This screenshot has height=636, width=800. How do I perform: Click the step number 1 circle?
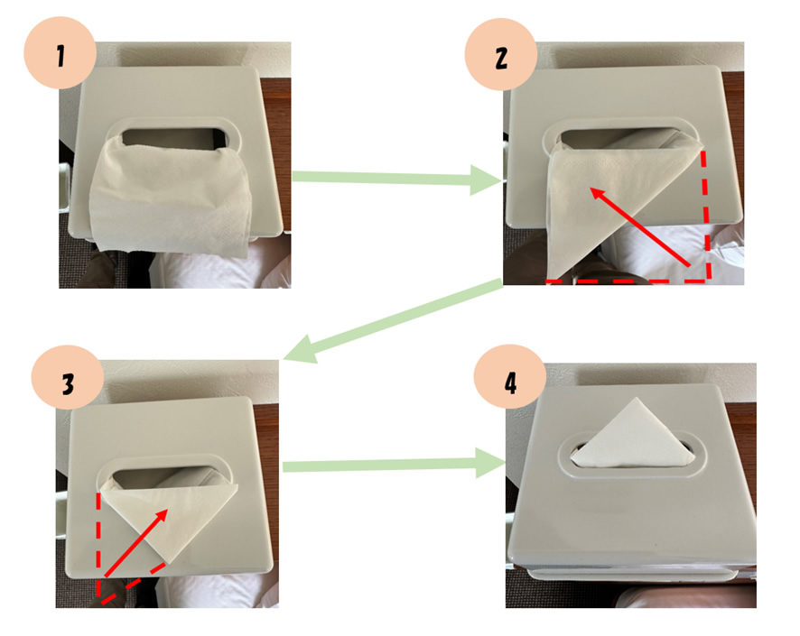pos(60,53)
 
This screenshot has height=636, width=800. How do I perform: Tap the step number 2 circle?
pos(501,54)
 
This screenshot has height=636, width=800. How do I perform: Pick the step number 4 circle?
pos(510,381)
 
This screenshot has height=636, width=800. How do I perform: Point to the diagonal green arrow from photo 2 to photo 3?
pos(393,320)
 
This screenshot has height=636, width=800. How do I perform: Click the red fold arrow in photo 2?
pos(640,226)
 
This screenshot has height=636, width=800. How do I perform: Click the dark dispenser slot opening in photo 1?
pos(173,138)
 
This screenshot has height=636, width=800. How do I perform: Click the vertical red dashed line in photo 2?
pos(706,214)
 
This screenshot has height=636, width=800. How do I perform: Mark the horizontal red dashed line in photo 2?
pos(628,281)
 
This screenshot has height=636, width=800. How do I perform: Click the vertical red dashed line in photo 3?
pos(98,544)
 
